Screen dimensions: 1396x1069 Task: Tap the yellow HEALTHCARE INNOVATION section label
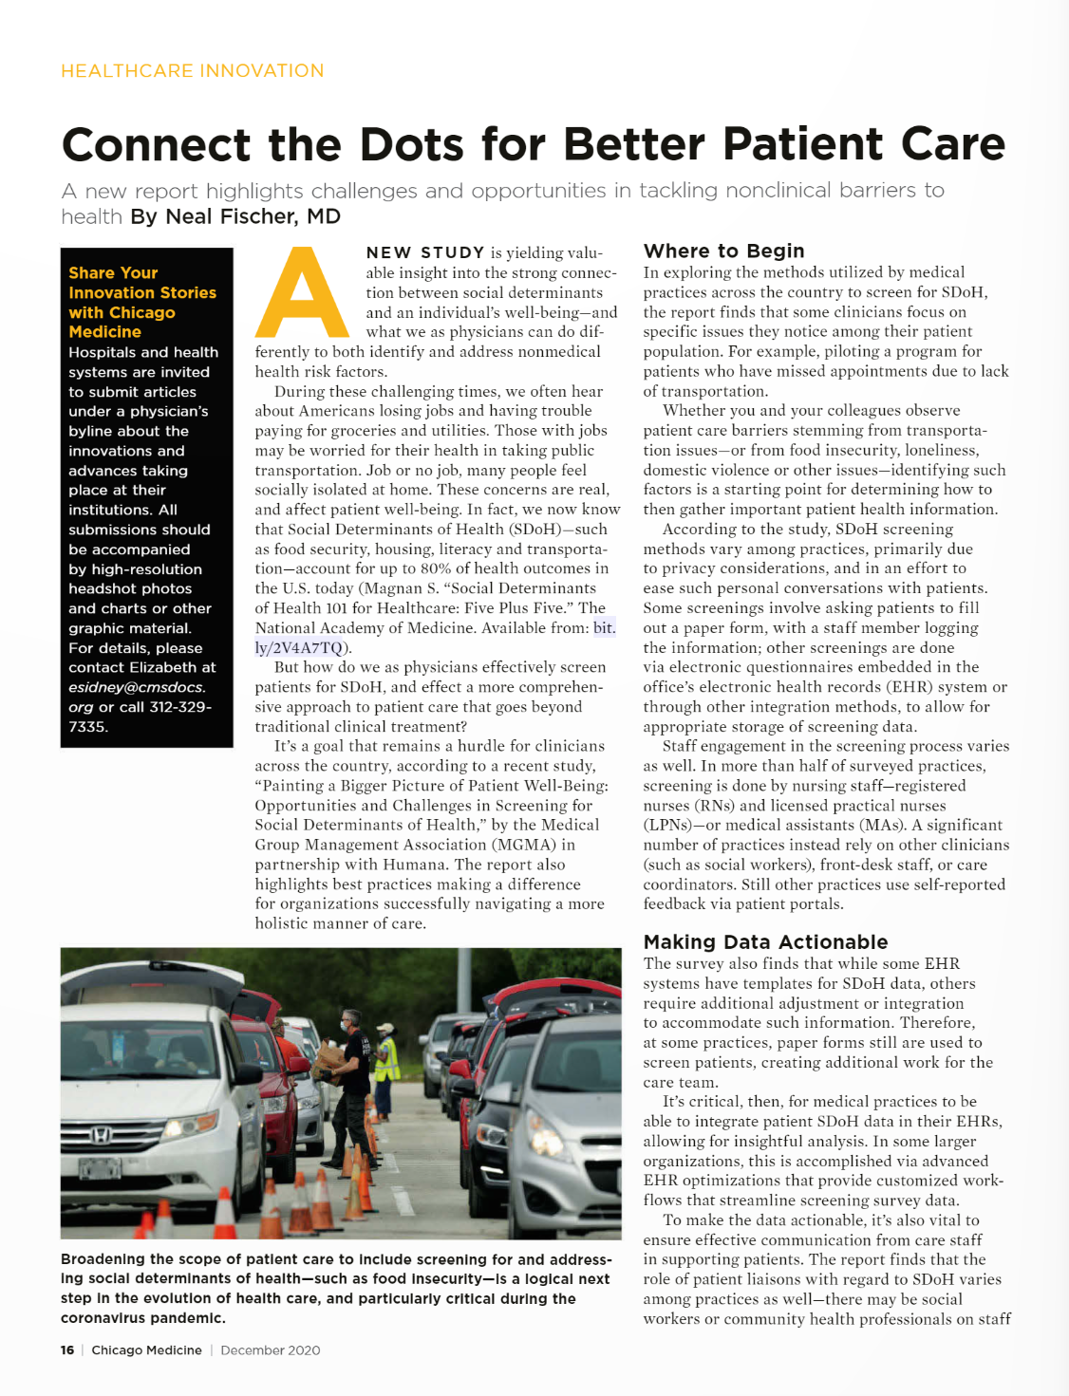192,71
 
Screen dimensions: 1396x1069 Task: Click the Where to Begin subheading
723,251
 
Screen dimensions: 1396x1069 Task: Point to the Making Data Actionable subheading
765,941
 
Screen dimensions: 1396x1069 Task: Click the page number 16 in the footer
67,1349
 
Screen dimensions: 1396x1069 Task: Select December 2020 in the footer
270,1349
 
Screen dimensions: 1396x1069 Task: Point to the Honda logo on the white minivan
99,1134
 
